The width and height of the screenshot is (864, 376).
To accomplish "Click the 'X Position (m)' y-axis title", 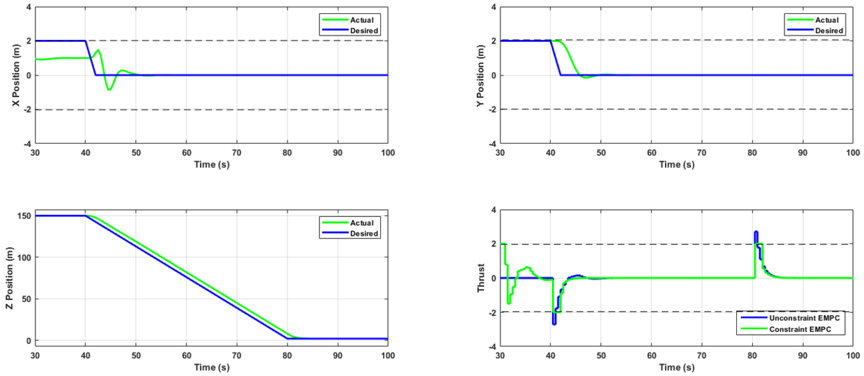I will pos(16,75).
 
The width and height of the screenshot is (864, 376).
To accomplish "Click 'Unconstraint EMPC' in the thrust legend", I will pos(804,318).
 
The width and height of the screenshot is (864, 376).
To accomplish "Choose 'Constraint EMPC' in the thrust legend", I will pos(800,329).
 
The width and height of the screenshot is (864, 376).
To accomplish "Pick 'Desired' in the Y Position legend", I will pos(829,31).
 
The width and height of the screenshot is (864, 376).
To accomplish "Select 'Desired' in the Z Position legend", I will pos(364,233).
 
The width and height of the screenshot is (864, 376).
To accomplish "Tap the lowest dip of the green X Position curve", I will pos(109,90).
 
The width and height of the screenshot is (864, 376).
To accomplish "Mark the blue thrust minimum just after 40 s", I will pos(554,324).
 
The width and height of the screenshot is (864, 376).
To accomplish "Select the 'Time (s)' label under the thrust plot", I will pos(677,367).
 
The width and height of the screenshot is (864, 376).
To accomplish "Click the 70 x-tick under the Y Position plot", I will pos(702,153).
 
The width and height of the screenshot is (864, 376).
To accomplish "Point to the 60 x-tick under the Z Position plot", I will pos(186,355).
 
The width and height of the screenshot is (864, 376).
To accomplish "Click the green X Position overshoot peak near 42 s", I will pos(98,50).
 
